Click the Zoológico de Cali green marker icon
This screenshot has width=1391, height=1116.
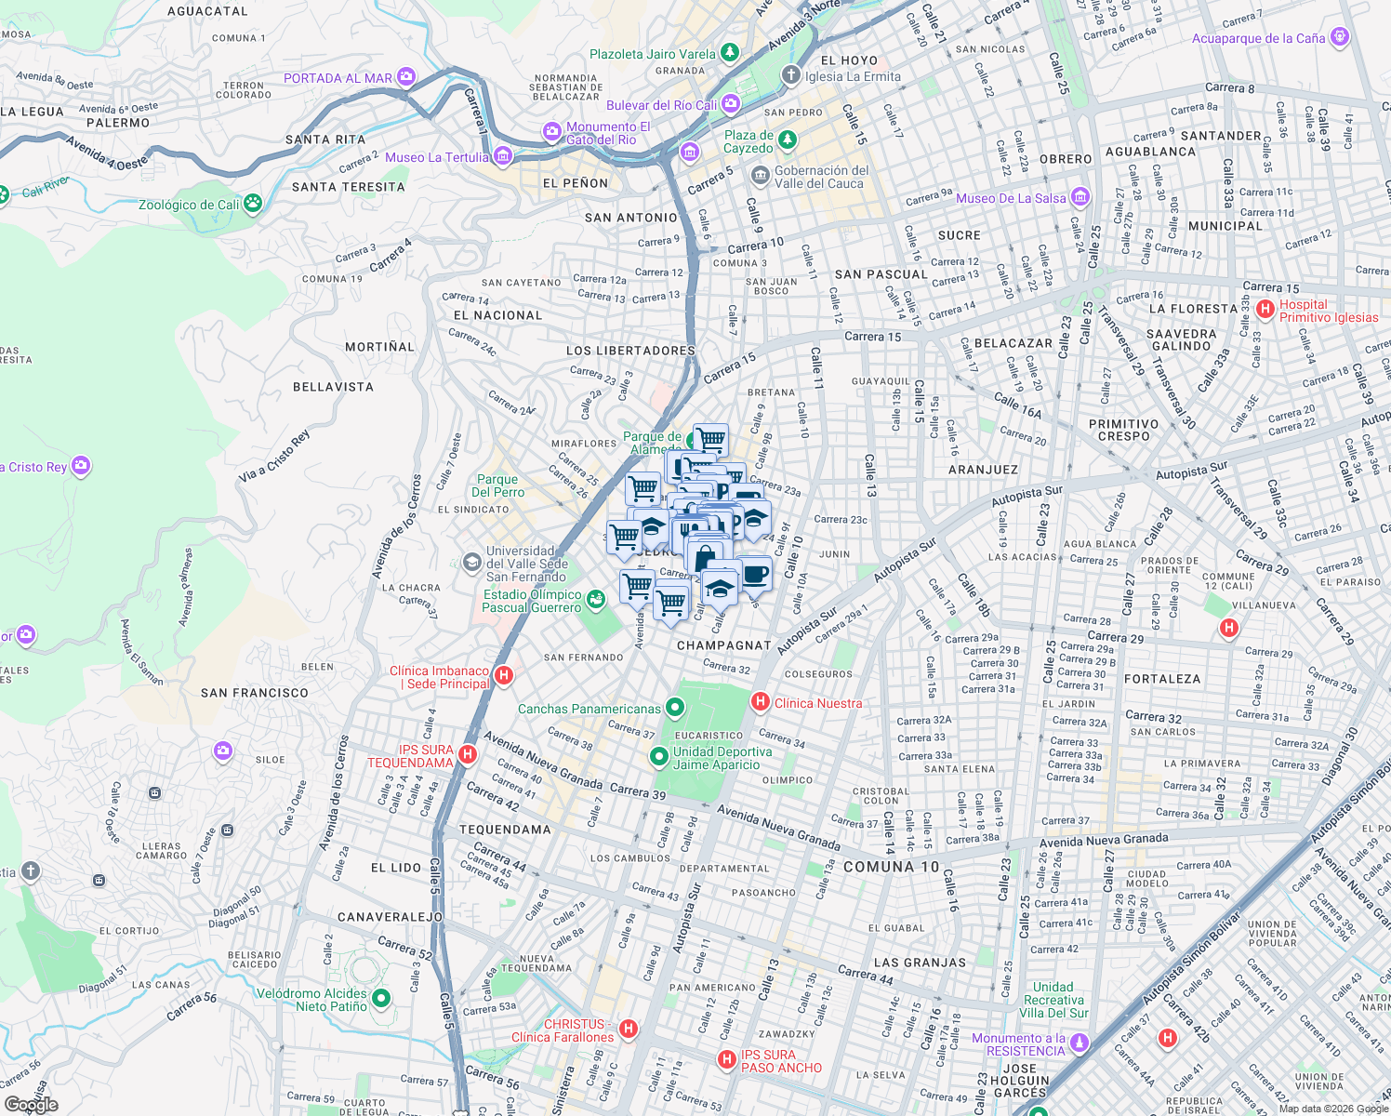(x=253, y=204)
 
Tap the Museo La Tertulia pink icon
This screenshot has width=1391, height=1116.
(x=503, y=156)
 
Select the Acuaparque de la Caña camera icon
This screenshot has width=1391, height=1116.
(x=1339, y=37)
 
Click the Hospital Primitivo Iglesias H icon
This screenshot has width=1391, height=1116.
(x=1265, y=310)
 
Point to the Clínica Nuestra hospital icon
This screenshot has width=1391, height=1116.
(x=760, y=702)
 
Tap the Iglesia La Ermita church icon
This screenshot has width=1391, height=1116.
(x=790, y=76)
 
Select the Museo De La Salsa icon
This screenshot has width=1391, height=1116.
(x=1080, y=197)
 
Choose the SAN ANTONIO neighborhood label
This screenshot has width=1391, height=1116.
(x=631, y=218)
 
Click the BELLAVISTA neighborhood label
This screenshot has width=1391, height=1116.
(x=333, y=387)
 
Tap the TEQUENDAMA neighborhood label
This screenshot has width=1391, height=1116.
(x=505, y=830)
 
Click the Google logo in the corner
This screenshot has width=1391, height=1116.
(x=32, y=1104)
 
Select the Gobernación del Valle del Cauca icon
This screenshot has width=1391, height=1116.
(x=760, y=175)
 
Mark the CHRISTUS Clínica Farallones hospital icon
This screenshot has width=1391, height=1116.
(x=629, y=1029)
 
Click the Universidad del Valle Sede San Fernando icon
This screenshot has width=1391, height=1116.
(x=472, y=562)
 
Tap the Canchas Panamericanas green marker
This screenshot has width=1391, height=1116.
(x=675, y=709)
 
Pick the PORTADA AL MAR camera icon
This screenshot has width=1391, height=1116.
(x=405, y=77)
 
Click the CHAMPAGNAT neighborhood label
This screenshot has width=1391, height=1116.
(x=724, y=645)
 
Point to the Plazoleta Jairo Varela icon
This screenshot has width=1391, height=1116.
(x=730, y=53)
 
